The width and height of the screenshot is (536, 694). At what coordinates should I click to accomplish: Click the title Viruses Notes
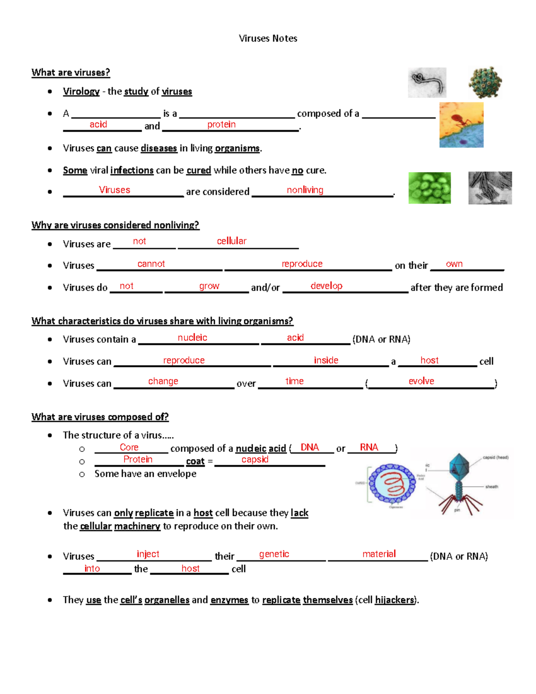tap(268, 38)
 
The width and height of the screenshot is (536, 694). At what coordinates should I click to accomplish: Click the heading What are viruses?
tap(71, 72)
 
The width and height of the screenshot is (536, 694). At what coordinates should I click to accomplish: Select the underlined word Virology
tap(81, 91)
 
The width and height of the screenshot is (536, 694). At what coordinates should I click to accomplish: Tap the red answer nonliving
tap(305, 190)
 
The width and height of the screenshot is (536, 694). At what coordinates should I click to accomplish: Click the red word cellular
tap(231, 241)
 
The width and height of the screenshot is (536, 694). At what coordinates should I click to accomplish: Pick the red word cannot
tap(151, 264)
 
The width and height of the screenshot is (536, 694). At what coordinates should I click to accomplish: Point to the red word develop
tap(327, 286)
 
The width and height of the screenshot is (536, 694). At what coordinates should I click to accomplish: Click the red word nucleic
tap(193, 337)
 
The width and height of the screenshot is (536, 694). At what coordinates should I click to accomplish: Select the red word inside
tap(326, 360)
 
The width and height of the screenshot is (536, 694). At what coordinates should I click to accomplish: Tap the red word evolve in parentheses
tap(421, 381)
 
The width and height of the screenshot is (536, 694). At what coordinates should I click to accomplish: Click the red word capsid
tap(255, 459)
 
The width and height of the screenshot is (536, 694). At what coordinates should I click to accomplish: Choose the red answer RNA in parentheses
tap(369, 447)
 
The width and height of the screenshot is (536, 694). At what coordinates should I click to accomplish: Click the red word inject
tap(148, 554)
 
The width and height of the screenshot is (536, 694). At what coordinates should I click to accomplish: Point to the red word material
tap(379, 554)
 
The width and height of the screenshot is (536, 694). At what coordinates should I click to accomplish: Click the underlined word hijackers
tap(395, 600)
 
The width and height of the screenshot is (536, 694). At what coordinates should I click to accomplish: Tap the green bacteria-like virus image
tap(429, 188)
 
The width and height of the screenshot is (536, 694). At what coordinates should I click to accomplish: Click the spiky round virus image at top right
tap(485, 82)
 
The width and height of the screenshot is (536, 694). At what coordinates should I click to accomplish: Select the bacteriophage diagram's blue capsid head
tap(459, 467)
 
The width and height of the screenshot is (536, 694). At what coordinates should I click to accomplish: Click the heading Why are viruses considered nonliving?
tap(115, 225)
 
